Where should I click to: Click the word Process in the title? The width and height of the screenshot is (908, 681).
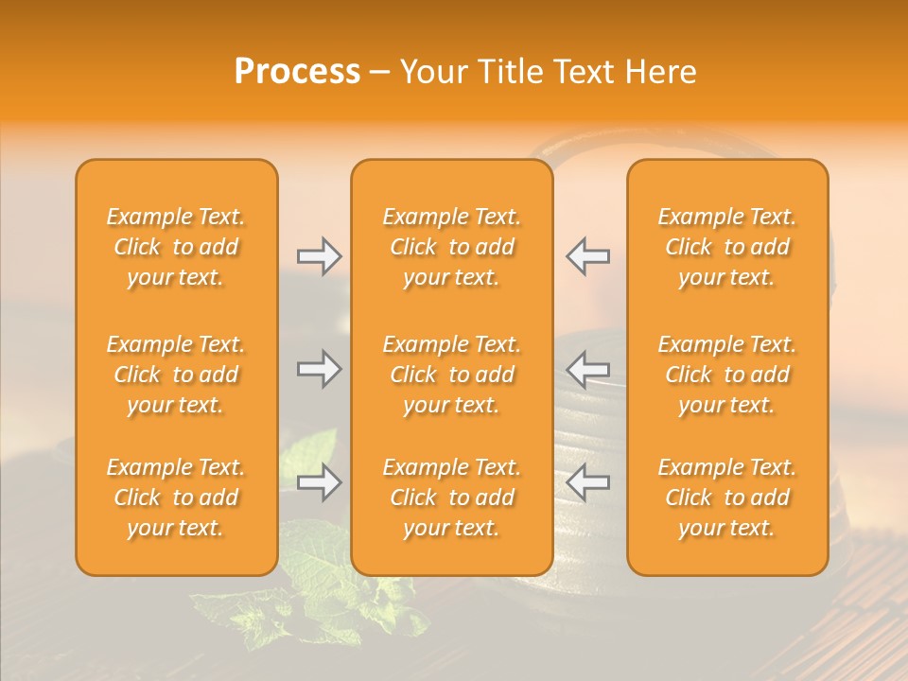coord(297,72)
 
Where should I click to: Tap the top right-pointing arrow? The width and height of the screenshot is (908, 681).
coord(319,255)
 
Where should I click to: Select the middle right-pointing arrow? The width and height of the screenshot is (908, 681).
coord(319,368)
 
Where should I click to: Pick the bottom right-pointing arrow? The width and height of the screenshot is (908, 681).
coord(319,483)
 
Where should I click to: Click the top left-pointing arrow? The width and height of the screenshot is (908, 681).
coord(588,255)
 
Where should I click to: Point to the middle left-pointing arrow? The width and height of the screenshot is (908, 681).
coord(588,368)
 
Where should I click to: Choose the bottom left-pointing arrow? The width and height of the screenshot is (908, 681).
coord(588,483)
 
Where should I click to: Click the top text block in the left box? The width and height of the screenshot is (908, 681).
coord(176,247)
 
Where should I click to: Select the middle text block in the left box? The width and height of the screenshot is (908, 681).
coord(176,375)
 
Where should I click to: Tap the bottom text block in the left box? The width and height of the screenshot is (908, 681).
coord(176,498)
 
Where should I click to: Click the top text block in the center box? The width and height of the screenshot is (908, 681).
coord(452,247)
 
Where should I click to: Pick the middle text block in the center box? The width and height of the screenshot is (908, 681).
coord(452,375)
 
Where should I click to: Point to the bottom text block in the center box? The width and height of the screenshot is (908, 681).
coord(452,498)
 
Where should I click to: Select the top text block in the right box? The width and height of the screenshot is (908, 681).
coord(727,247)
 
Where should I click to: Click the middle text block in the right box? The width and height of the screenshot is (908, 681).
coord(727,375)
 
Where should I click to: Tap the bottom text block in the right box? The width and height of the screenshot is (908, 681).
coord(727,498)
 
